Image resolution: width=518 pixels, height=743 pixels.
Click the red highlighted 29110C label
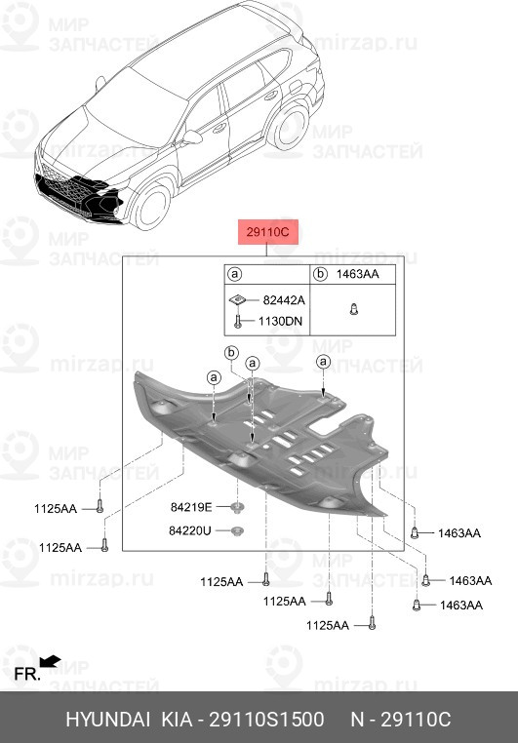click(x=267, y=232)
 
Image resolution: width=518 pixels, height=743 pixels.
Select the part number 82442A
click(x=284, y=300)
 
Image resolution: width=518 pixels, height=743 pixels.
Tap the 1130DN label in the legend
click(x=280, y=321)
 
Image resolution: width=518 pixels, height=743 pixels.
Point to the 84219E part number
click(x=191, y=507)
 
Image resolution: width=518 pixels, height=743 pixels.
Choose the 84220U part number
click(x=189, y=530)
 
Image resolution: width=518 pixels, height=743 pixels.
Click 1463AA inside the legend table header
click(x=357, y=274)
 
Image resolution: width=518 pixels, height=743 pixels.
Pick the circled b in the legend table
click(x=321, y=274)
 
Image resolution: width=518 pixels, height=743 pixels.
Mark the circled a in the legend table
click(x=234, y=274)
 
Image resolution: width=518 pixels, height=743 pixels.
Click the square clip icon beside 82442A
click(x=238, y=299)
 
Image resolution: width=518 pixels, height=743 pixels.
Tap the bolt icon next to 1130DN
click(x=238, y=322)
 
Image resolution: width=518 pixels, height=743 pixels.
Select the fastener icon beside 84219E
click(x=237, y=507)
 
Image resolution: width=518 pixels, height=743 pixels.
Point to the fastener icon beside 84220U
click(x=237, y=530)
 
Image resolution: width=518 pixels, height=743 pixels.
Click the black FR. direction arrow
click(x=50, y=660)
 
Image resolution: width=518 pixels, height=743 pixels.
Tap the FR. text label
click(x=27, y=674)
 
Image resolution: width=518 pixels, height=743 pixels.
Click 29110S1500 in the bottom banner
click(x=267, y=720)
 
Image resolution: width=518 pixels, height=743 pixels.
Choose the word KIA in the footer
click(x=178, y=720)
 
